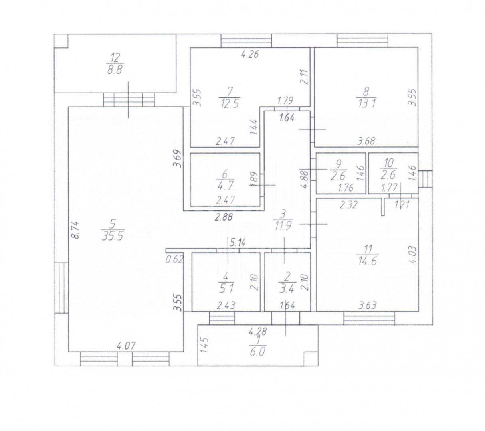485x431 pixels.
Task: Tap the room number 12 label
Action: coord(115,57)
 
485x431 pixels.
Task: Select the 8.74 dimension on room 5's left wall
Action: coord(75,231)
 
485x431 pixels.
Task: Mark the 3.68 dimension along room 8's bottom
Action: coord(366,140)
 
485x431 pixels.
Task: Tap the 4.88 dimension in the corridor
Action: coord(305,180)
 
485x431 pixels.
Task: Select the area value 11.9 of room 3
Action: coord(283,227)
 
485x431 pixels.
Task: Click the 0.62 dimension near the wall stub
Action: coord(174,259)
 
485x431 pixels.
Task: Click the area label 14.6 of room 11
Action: coord(368,261)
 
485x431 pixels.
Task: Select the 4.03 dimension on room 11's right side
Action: coord(412,254)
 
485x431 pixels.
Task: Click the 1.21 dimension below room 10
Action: coord(401,205)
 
